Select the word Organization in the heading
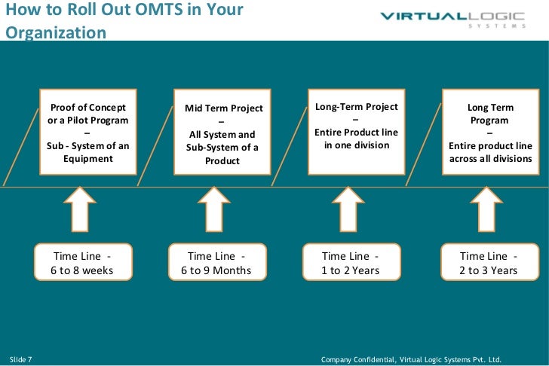pos(56,33)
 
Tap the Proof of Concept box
pos(87,133)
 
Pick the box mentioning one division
pos(357,132)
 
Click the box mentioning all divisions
pos(490,133)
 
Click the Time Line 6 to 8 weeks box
pos(83,263)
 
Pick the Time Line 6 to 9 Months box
pos(216,263)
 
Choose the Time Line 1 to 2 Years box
pos(351,263)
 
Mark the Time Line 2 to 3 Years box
pos(489,263)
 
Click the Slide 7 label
pos(20,358)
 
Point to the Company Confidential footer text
pos(411,359)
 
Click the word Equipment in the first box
pos(87,158)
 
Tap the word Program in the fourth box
pos(489,120)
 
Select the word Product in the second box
pos(222,160)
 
